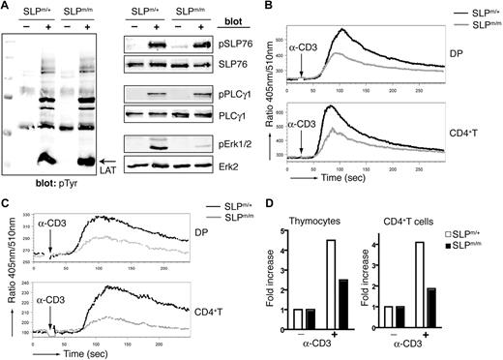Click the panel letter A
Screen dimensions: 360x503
7,7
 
